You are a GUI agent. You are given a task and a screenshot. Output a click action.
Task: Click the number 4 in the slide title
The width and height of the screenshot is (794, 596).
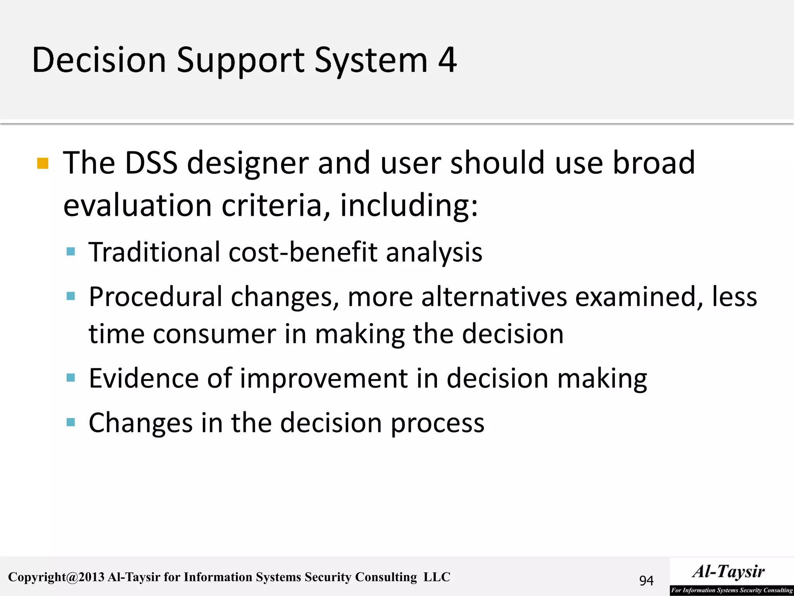click(447, 60)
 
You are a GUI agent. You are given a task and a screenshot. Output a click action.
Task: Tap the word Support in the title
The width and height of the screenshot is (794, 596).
click(240, 61)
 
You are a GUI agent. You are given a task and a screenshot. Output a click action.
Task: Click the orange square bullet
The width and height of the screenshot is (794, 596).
click(43, 163)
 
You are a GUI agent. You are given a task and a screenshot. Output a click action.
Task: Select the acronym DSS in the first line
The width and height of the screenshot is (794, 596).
click(151, 163)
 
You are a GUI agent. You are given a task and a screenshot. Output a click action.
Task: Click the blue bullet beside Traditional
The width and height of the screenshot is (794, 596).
click(71, 252)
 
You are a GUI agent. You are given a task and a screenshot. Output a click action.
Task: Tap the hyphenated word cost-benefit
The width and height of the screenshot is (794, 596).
click(303, 252)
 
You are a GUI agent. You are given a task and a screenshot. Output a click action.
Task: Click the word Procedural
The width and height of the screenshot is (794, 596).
click(155, 297)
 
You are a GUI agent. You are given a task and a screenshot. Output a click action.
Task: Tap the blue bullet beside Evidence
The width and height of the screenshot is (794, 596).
click(71, 378)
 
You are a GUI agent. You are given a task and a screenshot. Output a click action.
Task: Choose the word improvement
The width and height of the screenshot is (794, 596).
click(324, 379)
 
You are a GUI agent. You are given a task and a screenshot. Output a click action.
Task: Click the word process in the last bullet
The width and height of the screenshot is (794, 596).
click(437, 423)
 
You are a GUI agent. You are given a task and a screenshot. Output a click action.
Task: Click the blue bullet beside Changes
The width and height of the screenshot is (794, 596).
click(71, 422)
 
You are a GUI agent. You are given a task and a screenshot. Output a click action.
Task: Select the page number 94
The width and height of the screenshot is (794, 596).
click(646, 580)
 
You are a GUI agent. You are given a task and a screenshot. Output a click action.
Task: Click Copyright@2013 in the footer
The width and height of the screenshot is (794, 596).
click(56, 577)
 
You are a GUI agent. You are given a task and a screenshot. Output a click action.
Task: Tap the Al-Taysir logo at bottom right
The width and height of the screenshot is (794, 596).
click(731, 577)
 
